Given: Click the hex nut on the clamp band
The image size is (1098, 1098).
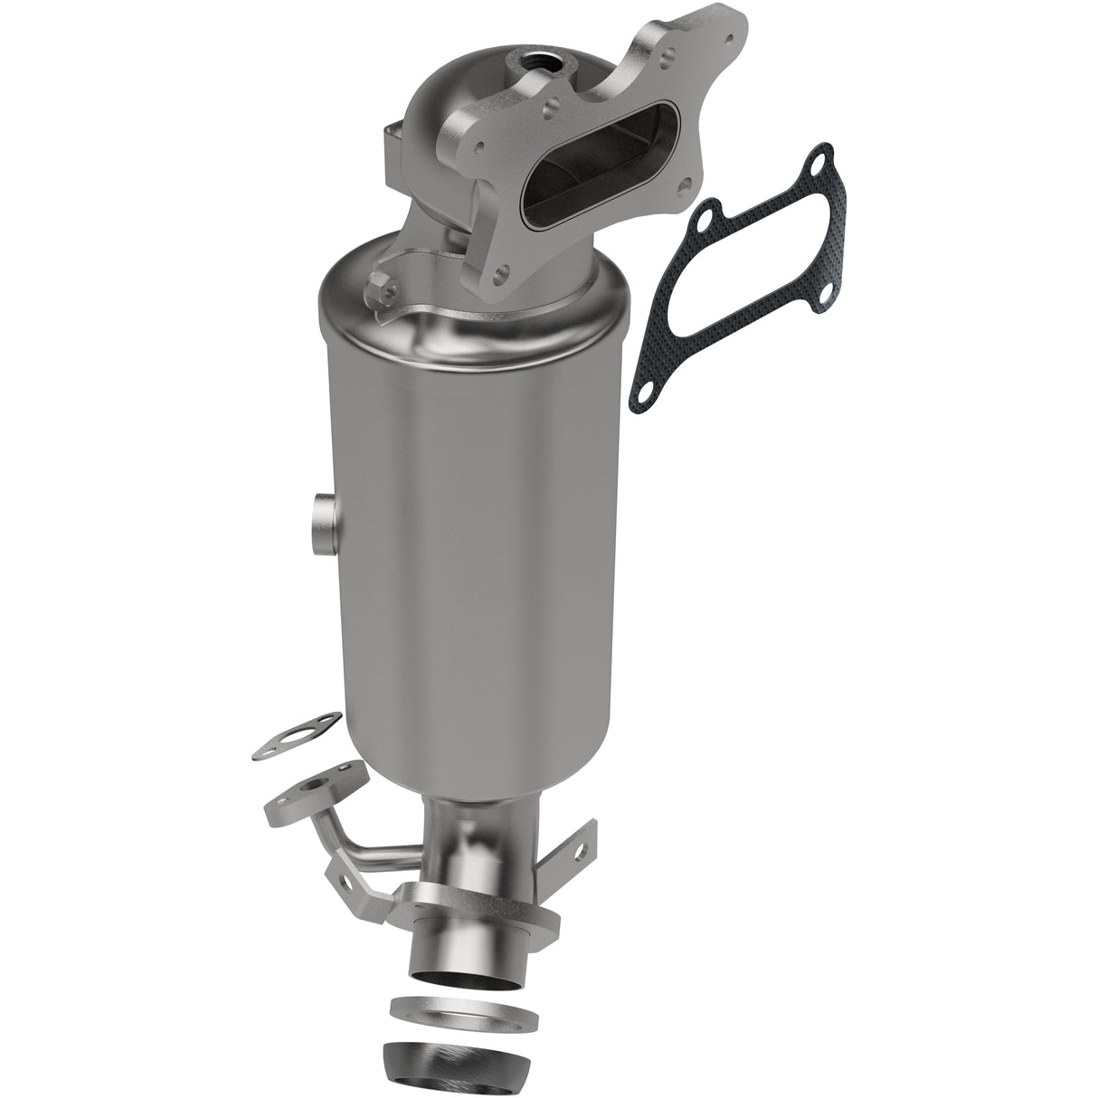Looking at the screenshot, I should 383,292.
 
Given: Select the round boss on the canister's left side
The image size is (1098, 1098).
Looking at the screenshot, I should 323,524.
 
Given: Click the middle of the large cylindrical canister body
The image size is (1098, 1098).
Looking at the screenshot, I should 470,543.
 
